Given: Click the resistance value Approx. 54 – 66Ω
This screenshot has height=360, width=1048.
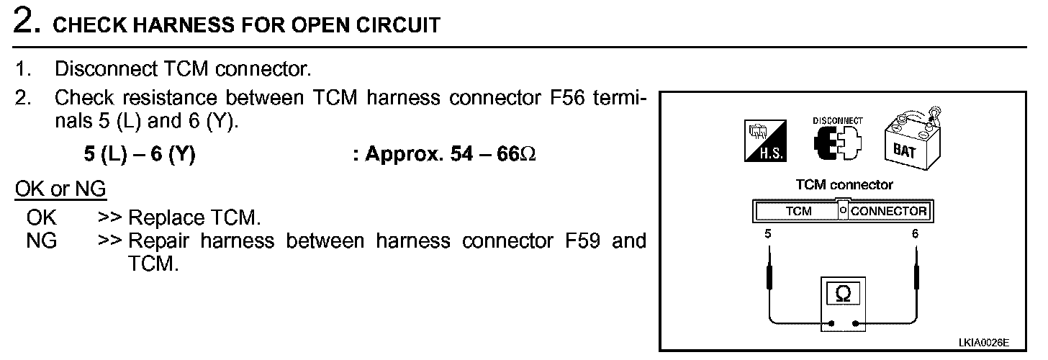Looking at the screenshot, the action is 444,155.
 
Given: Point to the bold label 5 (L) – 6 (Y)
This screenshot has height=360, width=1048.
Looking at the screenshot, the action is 140,155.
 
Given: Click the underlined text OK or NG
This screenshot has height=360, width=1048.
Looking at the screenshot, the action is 60,189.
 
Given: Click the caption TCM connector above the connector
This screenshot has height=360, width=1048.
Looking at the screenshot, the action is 844,185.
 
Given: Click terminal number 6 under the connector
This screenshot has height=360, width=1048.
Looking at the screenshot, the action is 916,234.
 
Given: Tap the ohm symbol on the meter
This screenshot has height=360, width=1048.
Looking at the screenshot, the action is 844,294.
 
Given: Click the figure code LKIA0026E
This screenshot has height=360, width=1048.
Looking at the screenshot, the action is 983,343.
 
